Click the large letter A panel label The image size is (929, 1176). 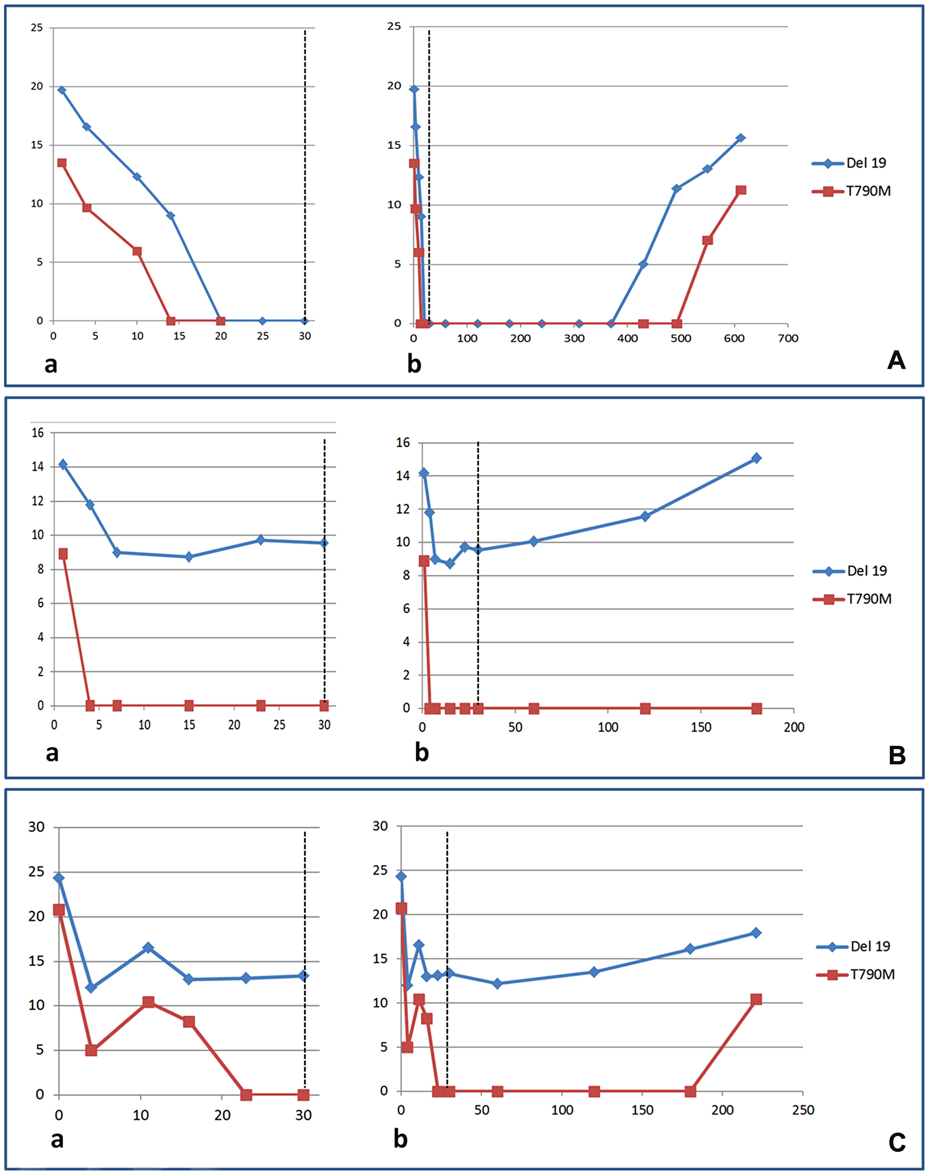(x=896, y=360)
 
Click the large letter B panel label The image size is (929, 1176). (x=897, y=756)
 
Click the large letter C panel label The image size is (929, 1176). (x=897, y=1142)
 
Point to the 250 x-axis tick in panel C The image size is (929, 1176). (x=803, y=1110)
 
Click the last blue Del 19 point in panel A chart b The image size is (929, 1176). (x=740, y=138)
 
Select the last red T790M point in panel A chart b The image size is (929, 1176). (x=740, y=190)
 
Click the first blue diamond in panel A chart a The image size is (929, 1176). (x=61, y=90)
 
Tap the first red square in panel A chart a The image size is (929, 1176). (x=61, y=163)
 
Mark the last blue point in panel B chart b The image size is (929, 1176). (x=756, y=458)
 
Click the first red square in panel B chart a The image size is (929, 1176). (x=63, y=554)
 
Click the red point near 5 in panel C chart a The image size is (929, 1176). (x=91, y=1050)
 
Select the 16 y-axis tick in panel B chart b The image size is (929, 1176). (x=403, y=443)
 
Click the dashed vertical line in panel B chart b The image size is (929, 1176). (x=478, y=490)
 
